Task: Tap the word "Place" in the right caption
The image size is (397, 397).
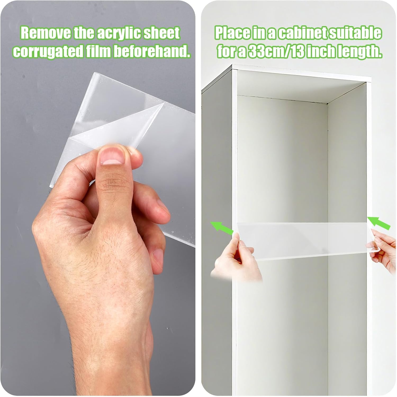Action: pos(231,34)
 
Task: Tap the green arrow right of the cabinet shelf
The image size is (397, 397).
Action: pos(379,223)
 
